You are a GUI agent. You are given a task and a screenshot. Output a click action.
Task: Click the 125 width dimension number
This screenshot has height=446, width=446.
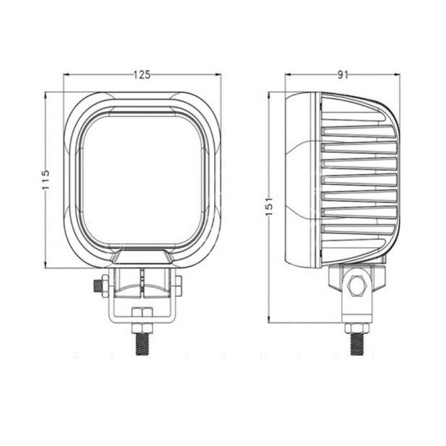[x=142, y=74]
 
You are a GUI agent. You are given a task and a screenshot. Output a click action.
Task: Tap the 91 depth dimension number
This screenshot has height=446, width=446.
[x=343, y=74]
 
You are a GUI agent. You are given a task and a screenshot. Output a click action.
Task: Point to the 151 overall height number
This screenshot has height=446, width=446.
[x=269, y=207]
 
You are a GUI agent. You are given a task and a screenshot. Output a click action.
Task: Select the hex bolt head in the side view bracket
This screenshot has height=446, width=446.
[x=355, y=284]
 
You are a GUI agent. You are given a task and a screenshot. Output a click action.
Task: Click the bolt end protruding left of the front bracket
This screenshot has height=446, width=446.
[x=98, y=284]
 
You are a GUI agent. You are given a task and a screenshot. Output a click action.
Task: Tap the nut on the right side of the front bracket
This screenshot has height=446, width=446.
[x=180, y=284]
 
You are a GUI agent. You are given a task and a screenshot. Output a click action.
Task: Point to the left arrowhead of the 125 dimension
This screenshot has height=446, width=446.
[x=68, y=74]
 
